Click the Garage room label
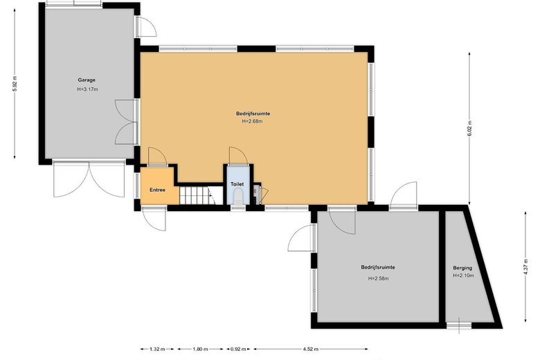click(x=87, y=80)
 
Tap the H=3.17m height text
click(x=87, y=89)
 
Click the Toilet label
click(x=237, y=185)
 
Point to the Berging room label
click(x=462, y=267)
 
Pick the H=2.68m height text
click(x=252, y=121)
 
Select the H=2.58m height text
click(x=378, y=278)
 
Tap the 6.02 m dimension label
click(x=470, y=129)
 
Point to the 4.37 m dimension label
click(x=525, y=267)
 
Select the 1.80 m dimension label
click(x=200, y=350)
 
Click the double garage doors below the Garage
click(x=89, y=179)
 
